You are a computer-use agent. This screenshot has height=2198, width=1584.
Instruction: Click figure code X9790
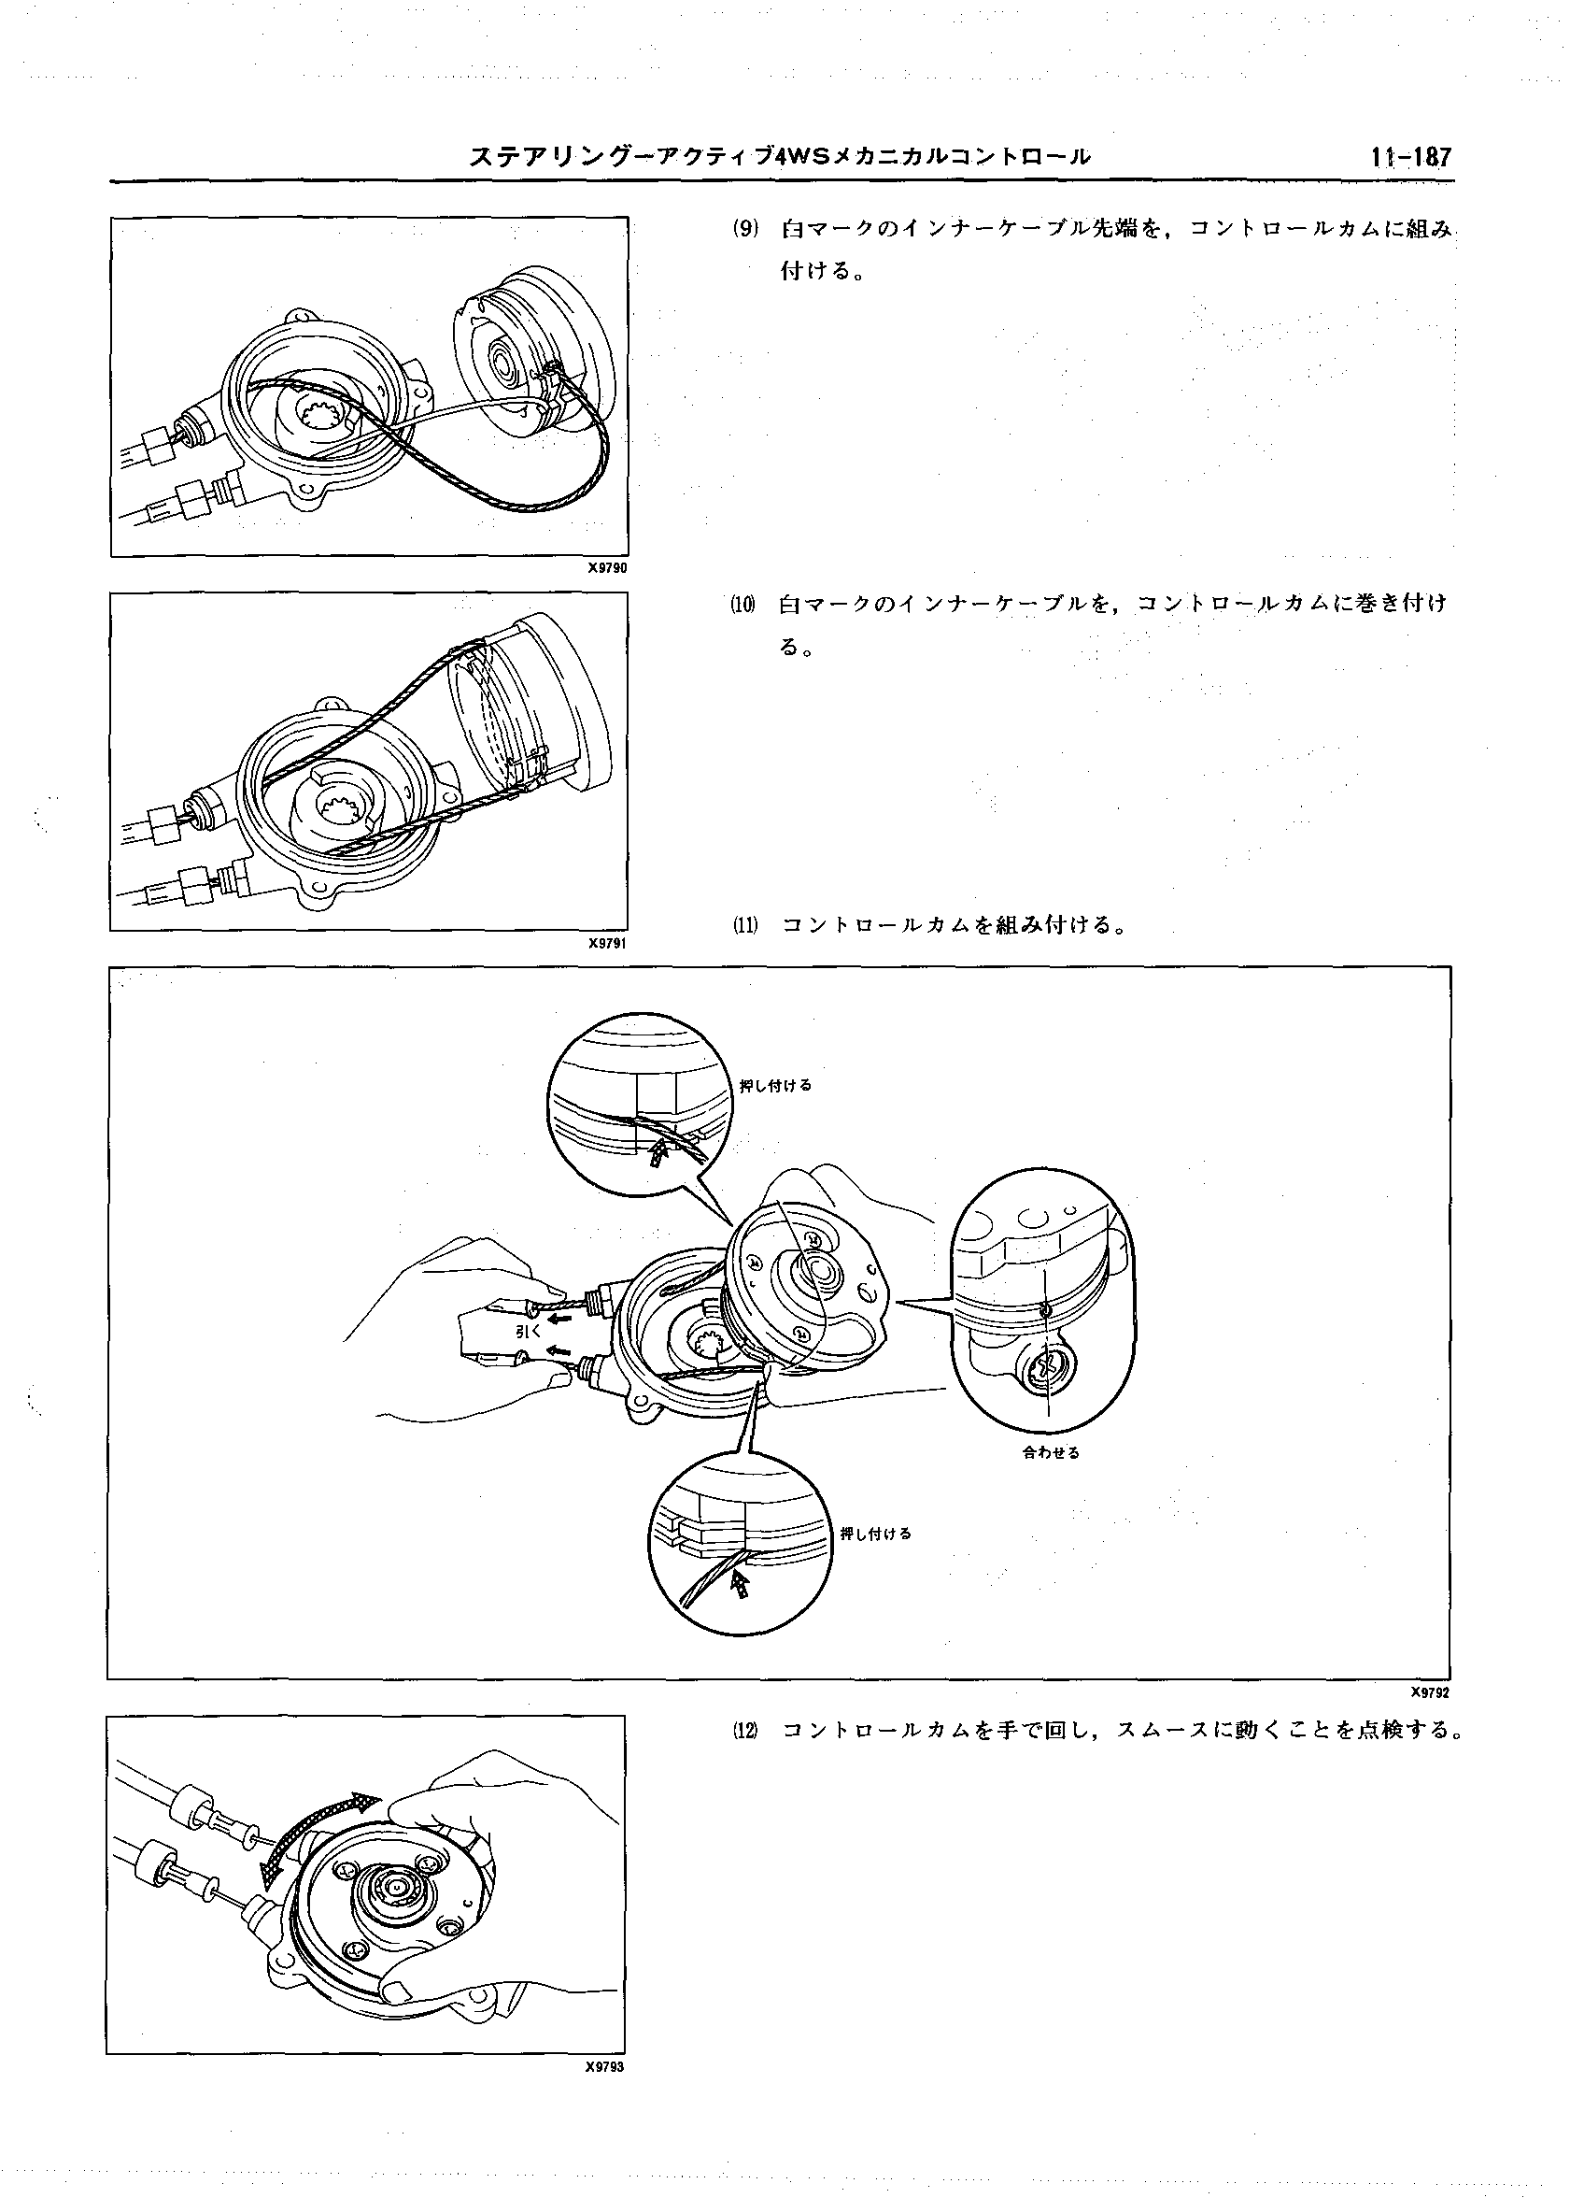point(607,569)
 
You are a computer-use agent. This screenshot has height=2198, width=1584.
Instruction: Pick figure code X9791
point(607,942)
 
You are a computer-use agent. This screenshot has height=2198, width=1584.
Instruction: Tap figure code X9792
point(1430,1692)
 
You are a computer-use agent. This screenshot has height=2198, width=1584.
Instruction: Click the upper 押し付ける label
point(775,1085)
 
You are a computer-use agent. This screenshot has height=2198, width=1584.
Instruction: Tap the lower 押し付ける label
point(876,1534)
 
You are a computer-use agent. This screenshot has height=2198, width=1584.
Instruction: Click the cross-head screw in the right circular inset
point(1047,1366)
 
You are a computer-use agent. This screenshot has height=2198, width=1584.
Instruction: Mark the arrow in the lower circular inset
point(742,1586)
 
